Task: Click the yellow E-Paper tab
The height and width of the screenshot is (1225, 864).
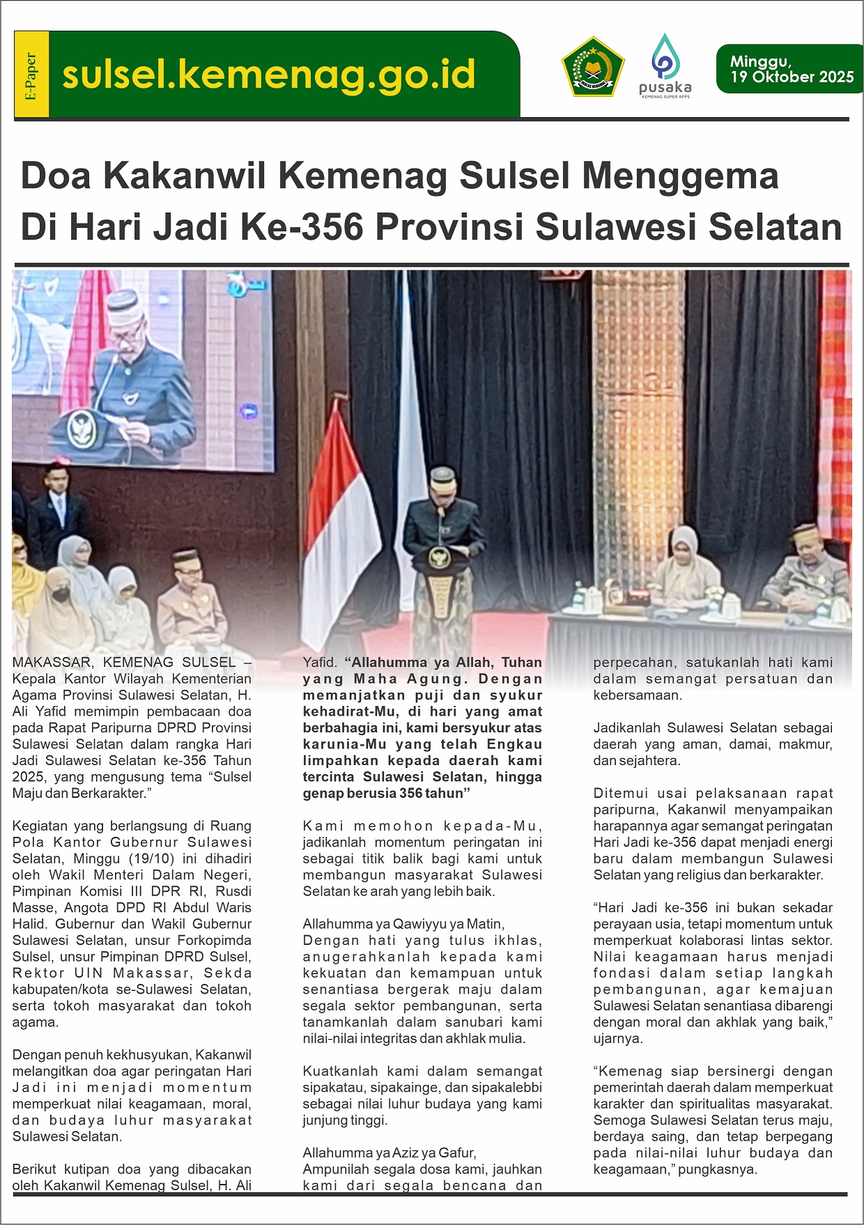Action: click(x=31, y=75)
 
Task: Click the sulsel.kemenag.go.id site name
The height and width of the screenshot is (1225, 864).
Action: click(x=268, y=75)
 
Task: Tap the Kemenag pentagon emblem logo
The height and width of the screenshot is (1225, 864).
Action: click(x=592, y=67)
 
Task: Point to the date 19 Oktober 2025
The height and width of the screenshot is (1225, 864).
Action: click(x=792, y=77)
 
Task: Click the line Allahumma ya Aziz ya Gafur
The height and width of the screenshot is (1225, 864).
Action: click(x=389, y=1153)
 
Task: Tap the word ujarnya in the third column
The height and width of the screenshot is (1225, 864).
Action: click(x=618, y=1038)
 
